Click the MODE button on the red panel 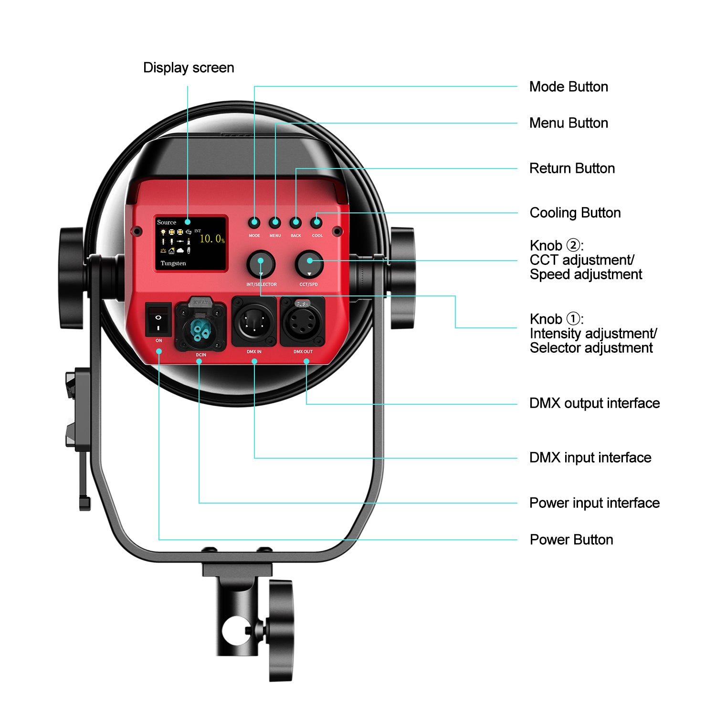254,222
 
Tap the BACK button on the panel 296,222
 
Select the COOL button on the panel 317,222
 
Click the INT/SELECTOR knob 261,264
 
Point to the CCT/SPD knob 309,264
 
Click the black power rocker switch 158,319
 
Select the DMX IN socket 254,322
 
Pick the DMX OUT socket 303,322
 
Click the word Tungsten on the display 173,263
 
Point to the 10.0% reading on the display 211,239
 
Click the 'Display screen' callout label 189,68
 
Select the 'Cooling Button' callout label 575,213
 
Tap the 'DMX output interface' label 594,403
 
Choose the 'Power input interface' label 594,503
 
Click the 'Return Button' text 572,168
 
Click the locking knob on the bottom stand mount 281,630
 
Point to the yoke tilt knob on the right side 402,278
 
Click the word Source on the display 167,222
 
